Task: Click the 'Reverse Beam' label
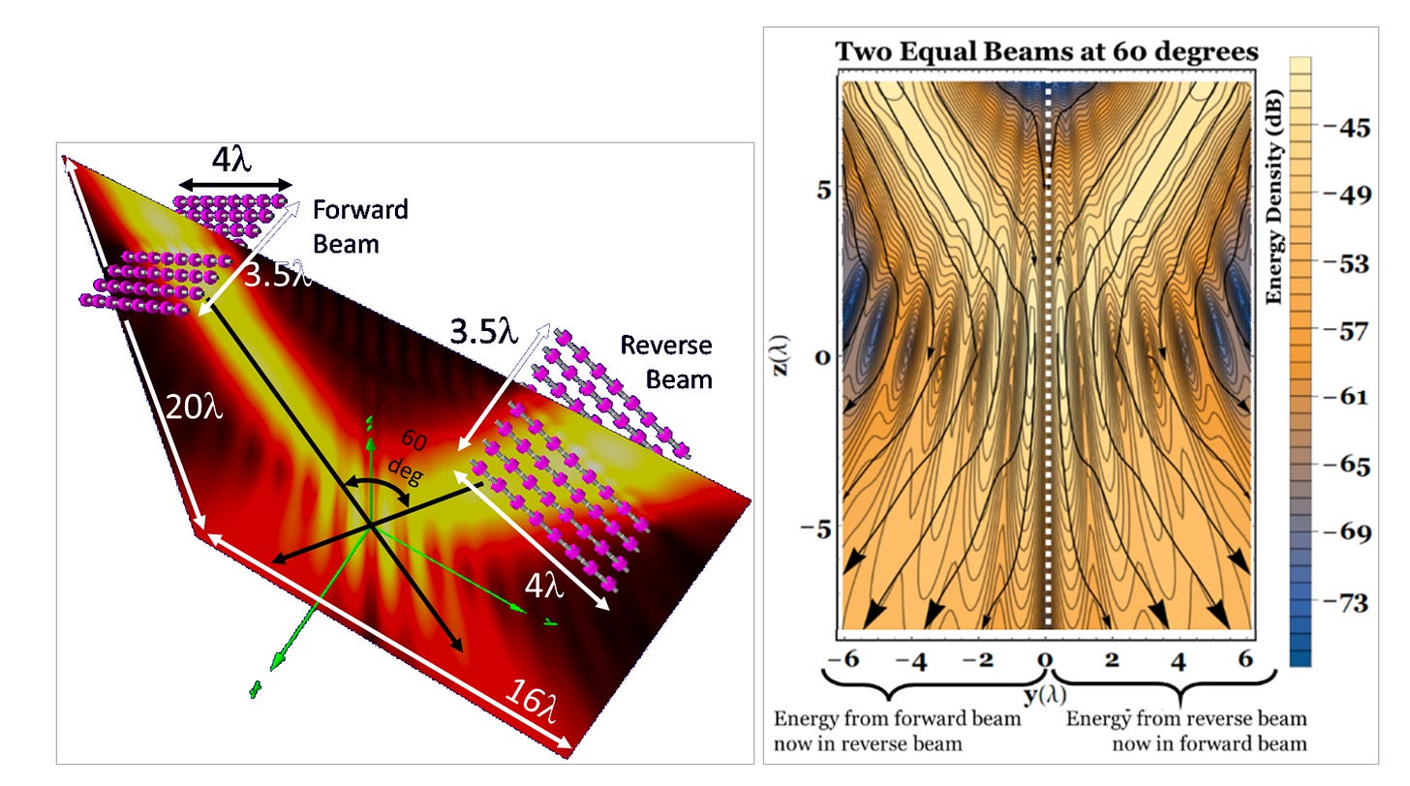tap(665, 361)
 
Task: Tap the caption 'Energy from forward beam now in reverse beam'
tap(897, 731)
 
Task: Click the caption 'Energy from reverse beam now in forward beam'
tap(1186, 731)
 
